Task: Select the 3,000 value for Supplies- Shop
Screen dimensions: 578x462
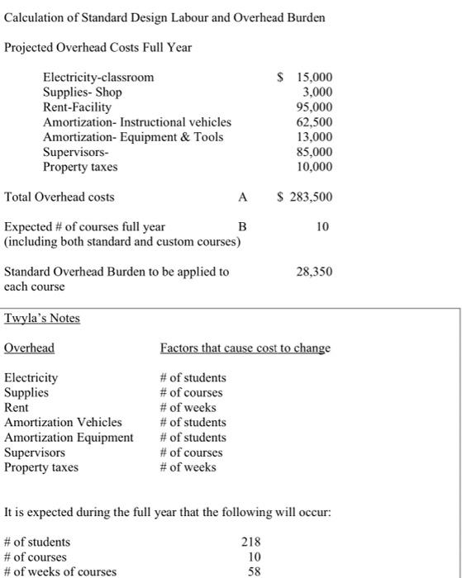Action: (315, 92)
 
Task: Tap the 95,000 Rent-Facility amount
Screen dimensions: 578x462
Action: (312, 107)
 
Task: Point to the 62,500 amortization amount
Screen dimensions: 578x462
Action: (312, 122)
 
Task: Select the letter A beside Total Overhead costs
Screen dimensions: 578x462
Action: (241, 197)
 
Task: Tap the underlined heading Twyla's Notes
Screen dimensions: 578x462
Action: (42, 318)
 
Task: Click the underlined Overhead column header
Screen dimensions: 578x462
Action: (29, 348)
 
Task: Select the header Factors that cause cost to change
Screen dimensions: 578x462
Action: (245, 348)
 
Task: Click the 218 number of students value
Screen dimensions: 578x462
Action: (250, 542)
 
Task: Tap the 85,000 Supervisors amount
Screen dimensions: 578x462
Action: (312, 152)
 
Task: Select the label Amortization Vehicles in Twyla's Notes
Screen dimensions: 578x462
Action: (63, 422)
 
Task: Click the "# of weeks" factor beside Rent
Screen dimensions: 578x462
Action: (188, 407)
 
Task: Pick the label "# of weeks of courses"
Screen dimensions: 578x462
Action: (60, 571)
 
